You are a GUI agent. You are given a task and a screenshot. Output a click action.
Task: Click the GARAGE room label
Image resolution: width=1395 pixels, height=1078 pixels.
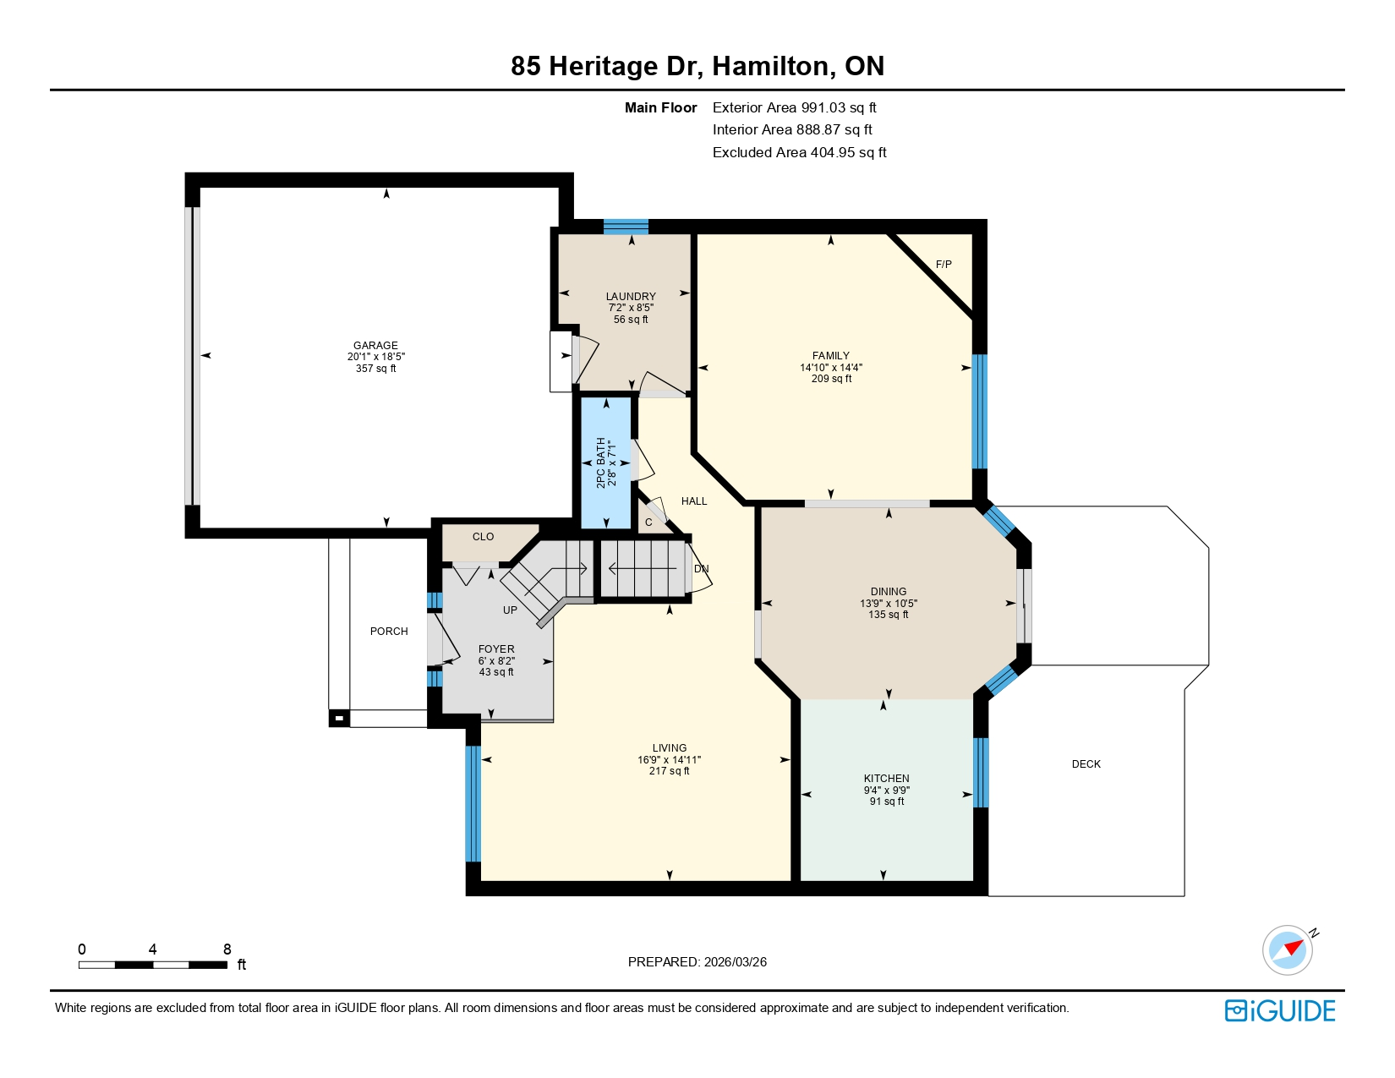(375, 345)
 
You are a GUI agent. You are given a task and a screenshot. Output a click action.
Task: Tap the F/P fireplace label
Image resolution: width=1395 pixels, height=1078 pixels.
(944, 265)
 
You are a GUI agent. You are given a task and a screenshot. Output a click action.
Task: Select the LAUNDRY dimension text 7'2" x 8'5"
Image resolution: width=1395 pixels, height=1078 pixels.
(631, 308)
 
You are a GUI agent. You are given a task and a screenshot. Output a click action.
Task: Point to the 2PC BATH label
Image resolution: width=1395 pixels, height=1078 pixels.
(601, 462)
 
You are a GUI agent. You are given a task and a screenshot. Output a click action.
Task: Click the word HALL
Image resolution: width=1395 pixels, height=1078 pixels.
(694, 501)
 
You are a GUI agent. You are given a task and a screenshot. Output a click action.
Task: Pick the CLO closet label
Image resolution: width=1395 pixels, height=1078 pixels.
(483, 537)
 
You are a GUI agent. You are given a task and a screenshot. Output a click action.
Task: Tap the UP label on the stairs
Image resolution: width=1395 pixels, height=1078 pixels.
(510, 610)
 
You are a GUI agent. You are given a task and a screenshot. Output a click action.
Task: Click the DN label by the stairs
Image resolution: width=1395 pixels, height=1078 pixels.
(702, 569)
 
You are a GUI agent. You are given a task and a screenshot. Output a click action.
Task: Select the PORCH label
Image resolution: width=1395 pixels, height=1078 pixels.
(389, 632)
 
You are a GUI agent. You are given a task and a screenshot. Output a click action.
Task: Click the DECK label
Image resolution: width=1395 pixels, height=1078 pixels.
(1086, 764)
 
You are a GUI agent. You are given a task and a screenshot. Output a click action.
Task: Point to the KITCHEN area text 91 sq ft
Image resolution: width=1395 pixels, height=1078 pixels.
(887, 802)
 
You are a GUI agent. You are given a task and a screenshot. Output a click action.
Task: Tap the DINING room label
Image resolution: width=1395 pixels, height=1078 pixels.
(889, 592)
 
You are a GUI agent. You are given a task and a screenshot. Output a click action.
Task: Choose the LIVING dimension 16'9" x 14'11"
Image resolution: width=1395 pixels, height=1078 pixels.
(670, 760)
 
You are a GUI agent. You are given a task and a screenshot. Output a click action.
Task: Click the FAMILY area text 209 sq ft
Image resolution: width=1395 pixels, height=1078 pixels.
(831, 379)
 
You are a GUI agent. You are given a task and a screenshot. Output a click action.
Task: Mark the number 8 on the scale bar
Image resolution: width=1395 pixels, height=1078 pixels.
(227, 949)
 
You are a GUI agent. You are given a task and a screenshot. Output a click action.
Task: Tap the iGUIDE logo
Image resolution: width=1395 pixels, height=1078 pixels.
(1280, 1011)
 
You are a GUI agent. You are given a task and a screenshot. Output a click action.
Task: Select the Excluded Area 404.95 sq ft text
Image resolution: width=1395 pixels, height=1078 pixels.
(799, 152)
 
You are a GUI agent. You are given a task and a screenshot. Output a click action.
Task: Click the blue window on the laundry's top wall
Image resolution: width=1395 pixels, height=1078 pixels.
(626, 227)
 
